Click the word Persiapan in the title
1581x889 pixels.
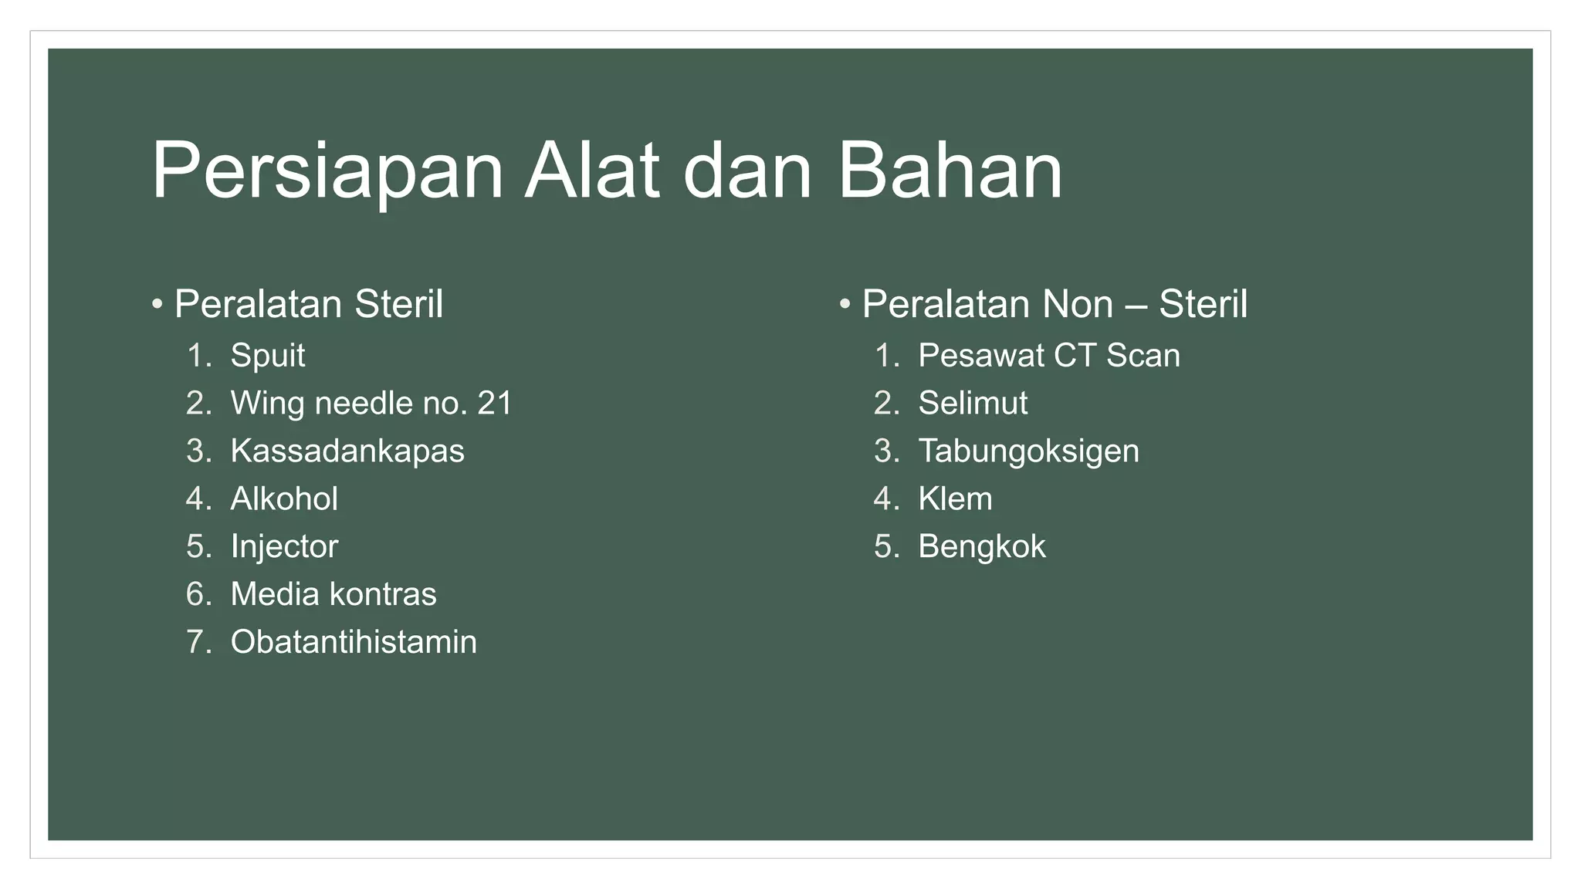point(327,171)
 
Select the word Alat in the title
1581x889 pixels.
point(592,171)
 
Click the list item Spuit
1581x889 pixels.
point(267,356)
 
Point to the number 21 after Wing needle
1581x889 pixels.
point(495,404)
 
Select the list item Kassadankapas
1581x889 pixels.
point(347,451)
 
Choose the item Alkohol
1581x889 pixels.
point(284,499)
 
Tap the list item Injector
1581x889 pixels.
point(284,547)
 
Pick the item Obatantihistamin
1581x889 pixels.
point(354,643)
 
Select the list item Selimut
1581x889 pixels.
point(973,404)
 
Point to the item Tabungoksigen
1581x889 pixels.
point(1028,451)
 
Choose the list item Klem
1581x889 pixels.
point(955,499)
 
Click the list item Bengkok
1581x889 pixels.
point(981,547)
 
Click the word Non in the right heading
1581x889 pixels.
point(1078,304)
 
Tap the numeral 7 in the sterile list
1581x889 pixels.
point(195,643)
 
